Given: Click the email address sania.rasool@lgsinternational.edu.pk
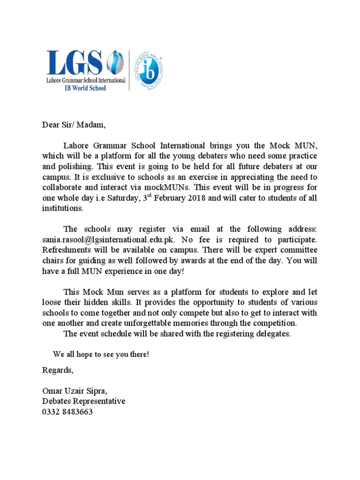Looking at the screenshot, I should (x=108, y=239).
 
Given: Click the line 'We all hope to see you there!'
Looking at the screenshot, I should (x=101, y=354).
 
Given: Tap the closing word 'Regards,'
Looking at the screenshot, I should (x=58, y=370).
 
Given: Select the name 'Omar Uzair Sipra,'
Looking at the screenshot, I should (x=77, y=391).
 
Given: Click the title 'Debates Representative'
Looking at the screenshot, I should (x=84, y=402).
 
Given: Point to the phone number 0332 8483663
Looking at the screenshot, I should (x=67, y=412).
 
